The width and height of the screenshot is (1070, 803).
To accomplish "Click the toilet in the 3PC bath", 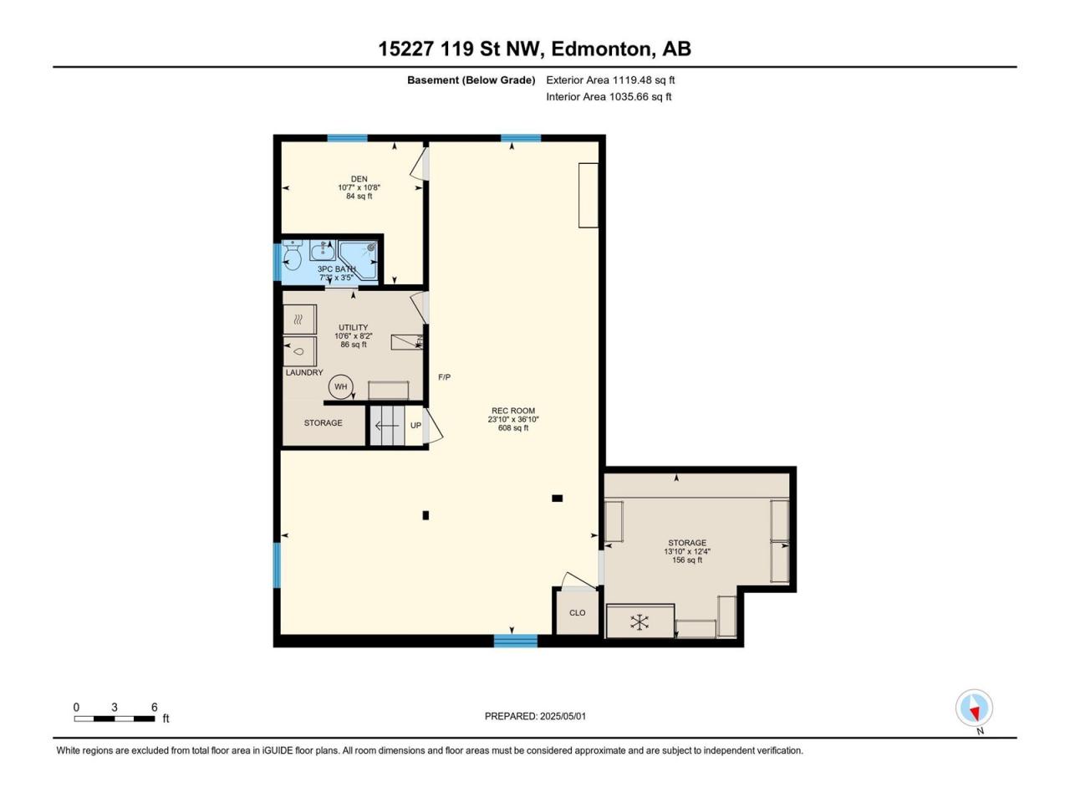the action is tap(292, 254).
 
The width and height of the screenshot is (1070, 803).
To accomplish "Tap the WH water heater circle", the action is tap(340, 386).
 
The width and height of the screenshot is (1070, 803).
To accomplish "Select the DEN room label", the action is tap(359, 179).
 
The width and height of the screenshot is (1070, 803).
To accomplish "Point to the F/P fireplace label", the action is tap(444, 377).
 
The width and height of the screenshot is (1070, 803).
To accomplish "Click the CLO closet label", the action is tap(577, 613).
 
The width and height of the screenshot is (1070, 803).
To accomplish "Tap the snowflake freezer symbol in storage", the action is tap(639, 622).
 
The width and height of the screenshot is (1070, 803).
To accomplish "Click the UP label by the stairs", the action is tap(415, 425).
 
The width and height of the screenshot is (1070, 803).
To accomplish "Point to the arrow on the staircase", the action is tap(387, 426).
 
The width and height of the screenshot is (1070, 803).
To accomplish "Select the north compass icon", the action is tap(974, 708).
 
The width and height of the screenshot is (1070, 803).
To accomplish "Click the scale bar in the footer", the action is tap(115, 719).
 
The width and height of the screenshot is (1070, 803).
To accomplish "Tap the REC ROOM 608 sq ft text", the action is tap(512, 428).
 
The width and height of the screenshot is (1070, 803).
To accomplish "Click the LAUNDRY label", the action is tap(304, 372).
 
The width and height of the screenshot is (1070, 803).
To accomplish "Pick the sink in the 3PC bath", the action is tap(322, 251).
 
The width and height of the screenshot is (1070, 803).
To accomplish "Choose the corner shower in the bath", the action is tap(359, 260).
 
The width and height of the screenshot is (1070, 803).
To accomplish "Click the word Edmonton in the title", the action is tap(603, 49).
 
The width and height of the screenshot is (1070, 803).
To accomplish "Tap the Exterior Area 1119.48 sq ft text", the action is tap(610, 80).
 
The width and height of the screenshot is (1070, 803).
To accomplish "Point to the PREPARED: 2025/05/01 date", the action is tap(535, 716).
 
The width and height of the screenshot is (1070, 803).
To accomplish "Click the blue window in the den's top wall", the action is tap(347, 138).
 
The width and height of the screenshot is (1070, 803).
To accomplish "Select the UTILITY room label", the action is tap(353, 327).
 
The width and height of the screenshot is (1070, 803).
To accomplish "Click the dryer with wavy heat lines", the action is tap(300, 320).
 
